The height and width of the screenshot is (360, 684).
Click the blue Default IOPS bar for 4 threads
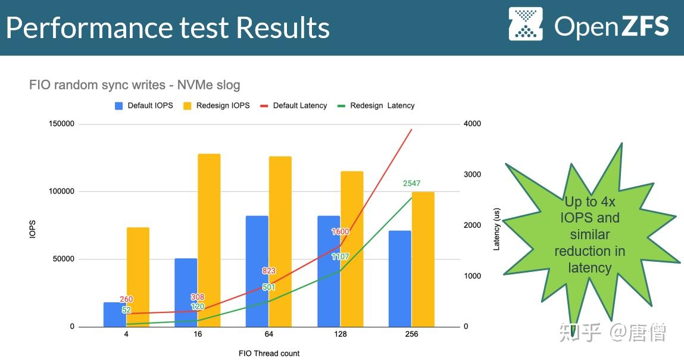coord(115,314)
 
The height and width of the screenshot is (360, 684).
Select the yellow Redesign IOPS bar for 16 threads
coord(209,240)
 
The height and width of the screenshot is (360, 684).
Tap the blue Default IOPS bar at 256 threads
coord(400,278)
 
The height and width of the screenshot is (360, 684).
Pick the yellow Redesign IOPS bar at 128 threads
coord(352,249)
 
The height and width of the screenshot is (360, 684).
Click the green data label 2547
coord(411,183)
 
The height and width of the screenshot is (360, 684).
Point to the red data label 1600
coord(341,231)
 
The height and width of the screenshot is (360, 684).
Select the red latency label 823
coord(268,271)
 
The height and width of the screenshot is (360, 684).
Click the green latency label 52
coord(126,310)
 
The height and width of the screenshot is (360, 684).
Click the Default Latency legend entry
coord(293,105)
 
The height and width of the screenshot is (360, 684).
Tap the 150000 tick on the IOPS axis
coord(61,124)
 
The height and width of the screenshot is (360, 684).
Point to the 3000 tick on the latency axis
coord(472,174)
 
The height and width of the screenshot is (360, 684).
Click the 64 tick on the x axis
coord(268,334)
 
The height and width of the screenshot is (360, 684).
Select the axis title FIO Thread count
coord(269,353)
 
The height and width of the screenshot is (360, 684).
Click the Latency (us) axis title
coord(496,229)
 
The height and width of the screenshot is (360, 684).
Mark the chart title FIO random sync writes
coord(97,84)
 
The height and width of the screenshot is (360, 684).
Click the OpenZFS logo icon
coord(526,24)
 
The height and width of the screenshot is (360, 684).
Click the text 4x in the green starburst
coord(608,202)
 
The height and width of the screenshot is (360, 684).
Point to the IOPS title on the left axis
coord(32,229)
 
